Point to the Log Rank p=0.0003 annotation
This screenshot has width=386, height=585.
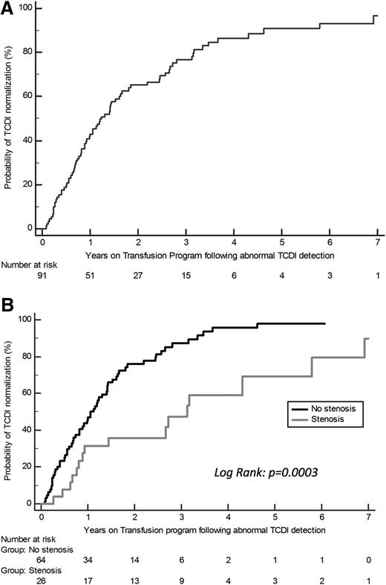(266, 471)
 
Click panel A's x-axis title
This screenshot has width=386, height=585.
(209, 254)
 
